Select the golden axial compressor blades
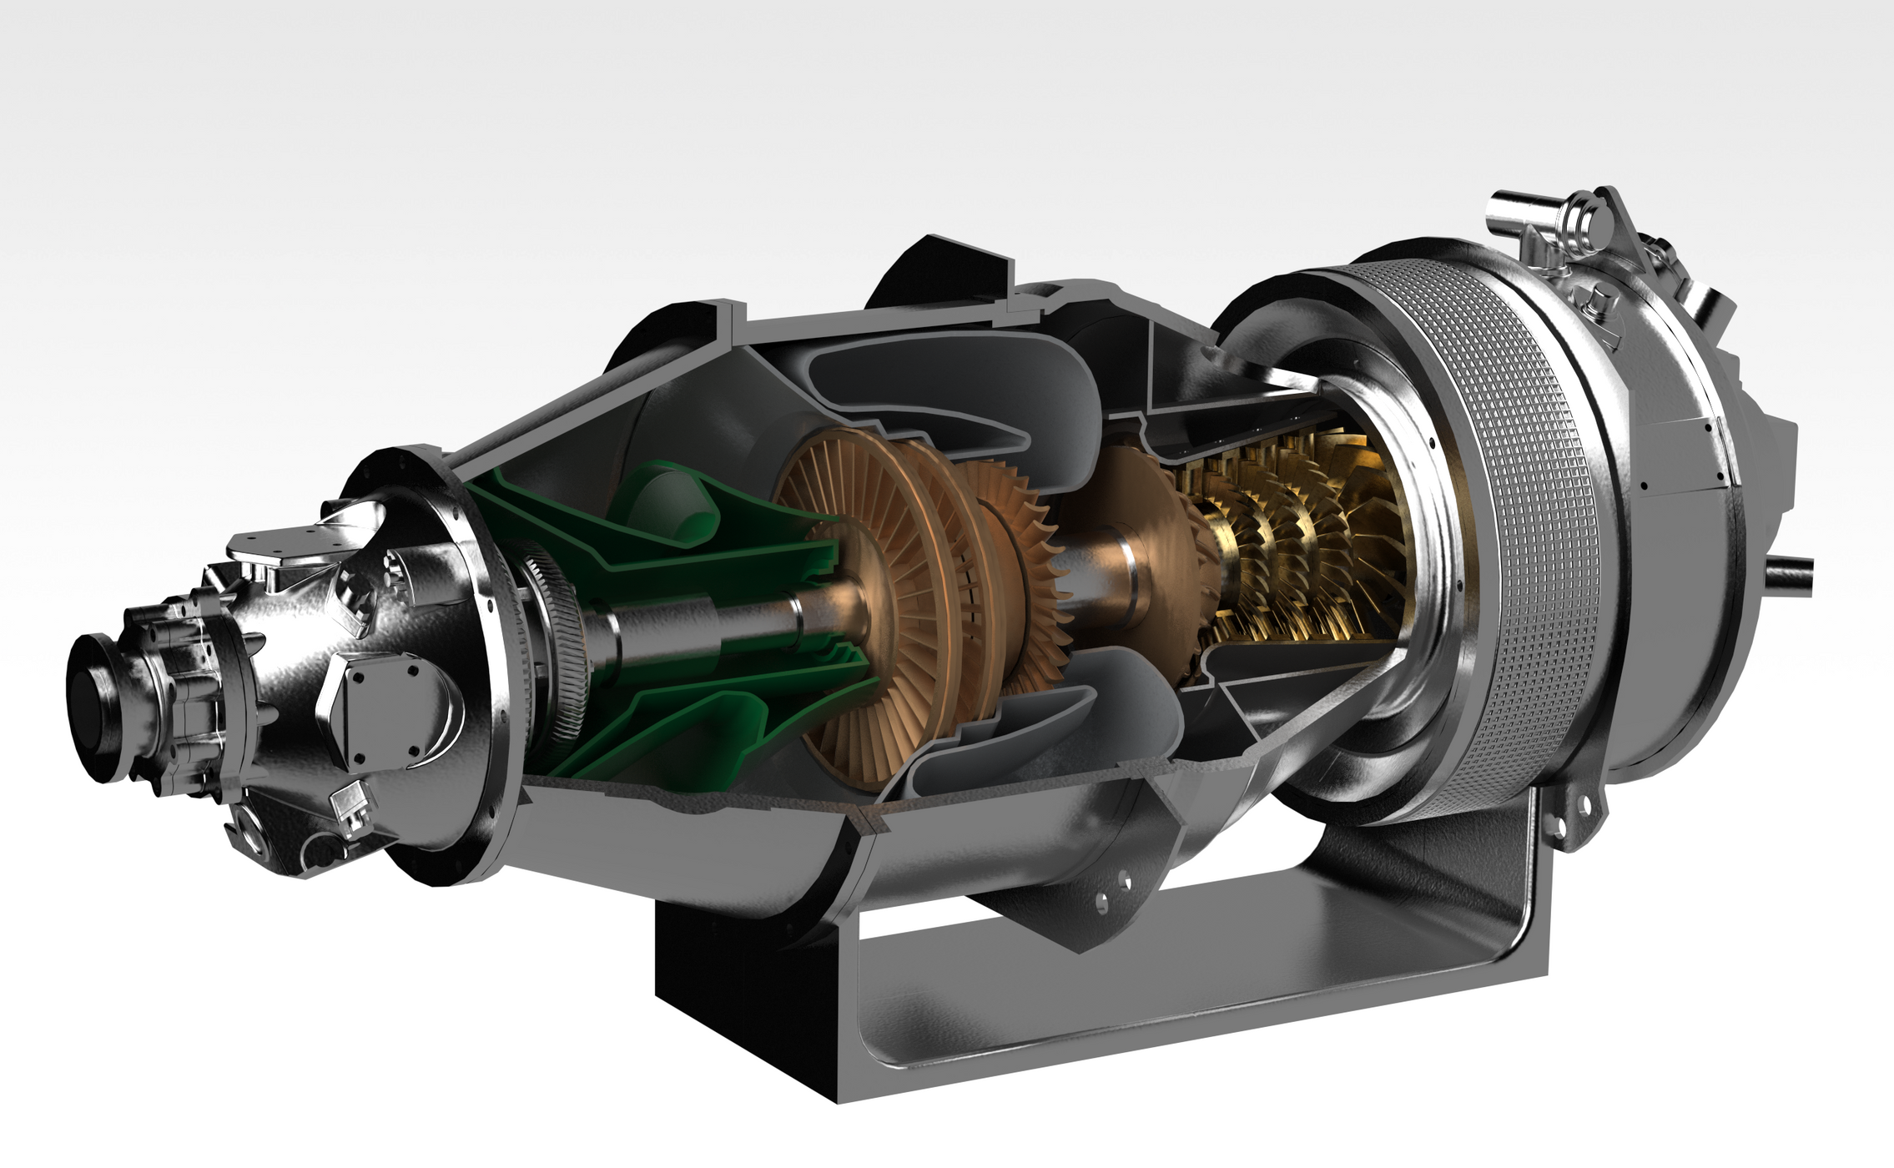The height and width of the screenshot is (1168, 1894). (1302, 551)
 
